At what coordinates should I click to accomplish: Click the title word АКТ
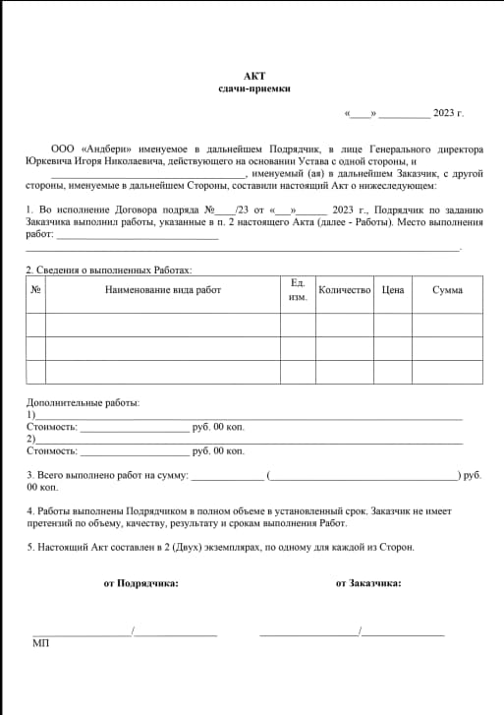254,76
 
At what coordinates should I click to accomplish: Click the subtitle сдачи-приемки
254,89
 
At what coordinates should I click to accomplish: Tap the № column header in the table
35,290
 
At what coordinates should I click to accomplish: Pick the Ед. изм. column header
298,290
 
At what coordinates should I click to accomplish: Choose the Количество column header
344,290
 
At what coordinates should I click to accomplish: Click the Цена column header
393,290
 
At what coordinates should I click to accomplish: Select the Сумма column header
448,290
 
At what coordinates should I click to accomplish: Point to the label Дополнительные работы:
84,403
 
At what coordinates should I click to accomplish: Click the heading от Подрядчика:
140,583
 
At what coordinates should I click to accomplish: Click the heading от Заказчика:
368,583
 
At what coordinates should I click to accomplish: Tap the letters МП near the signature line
40,643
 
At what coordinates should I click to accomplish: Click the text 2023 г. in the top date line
448,113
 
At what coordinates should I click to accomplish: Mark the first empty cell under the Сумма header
448,325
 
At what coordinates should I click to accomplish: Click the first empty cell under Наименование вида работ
163,325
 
